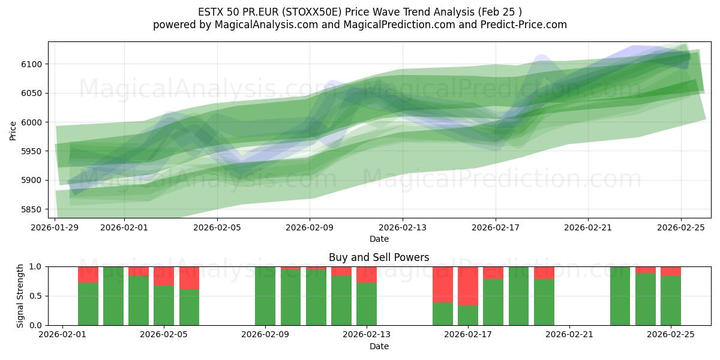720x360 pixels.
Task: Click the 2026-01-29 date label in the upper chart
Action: [55, 227]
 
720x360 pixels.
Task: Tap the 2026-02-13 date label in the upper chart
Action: [403, 227]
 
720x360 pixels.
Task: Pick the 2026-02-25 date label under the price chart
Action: [681, 227]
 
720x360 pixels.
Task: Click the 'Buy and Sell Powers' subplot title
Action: [379, 257]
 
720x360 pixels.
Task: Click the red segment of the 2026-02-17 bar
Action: [468, 286]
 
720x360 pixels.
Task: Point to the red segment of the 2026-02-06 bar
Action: [190, 278]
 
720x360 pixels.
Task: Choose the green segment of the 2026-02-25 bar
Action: [671, 300]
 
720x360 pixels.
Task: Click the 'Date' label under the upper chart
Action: [379, 239]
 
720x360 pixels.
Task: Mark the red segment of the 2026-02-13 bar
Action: [367, 274]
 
